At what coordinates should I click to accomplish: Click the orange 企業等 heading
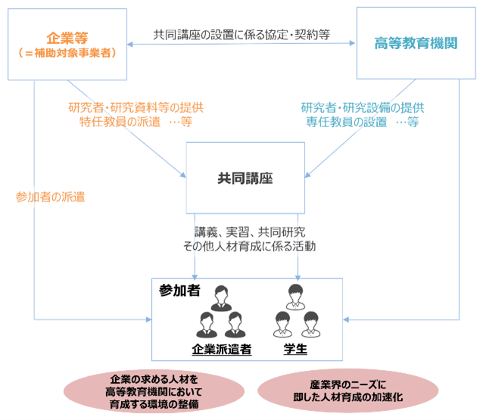(x=67, y=38)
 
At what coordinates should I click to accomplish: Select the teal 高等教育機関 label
(x=416, y=43)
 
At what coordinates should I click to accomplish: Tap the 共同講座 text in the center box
(x=245, y=178)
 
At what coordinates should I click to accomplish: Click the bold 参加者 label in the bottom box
(x=179, y=291)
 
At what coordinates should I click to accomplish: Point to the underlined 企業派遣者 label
(x=222, y=350)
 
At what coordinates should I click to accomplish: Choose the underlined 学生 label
(x=295, y=349)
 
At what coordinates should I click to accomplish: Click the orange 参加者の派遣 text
(x=50, y=197)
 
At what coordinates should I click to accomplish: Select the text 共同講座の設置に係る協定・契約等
(x=241, y=34)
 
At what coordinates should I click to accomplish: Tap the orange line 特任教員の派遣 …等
(x=136, y=122)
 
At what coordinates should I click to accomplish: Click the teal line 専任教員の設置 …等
(x=363, y=122)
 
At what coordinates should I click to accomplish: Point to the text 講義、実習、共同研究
(x=250, y=232)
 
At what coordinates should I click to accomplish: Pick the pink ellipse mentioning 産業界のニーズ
(x=347, y=390)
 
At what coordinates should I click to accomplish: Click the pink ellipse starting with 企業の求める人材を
(x=154, y=391)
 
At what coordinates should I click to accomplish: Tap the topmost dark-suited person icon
(x=221, y=298)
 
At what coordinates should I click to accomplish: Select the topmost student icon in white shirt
(x=296, y=297)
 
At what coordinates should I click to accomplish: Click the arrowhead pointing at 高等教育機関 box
(x=353, y=43)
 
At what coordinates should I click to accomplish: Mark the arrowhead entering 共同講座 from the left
(x=183, y=176)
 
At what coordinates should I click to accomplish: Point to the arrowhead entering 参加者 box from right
(x=346, y=319)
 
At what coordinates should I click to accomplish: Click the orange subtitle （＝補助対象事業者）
(x=67, y=53)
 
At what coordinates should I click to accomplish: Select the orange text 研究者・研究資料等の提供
(x=136, y=107)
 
